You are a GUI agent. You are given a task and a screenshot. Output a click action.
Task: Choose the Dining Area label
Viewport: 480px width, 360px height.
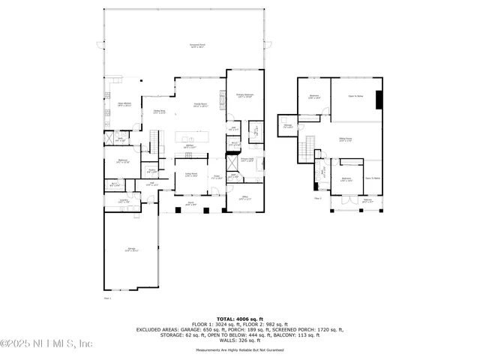point(159,112)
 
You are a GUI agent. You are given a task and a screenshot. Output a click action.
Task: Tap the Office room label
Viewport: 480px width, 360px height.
point(244,198)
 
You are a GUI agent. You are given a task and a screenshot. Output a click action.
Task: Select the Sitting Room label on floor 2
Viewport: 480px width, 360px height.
point(346,139)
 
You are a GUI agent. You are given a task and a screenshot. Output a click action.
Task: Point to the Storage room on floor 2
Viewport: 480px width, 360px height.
point(287,126)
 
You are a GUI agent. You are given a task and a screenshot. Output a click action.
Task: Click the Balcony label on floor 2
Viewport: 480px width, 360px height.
point(367,200)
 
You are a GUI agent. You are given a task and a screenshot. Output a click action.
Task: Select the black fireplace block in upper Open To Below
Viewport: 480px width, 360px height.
point(379,100)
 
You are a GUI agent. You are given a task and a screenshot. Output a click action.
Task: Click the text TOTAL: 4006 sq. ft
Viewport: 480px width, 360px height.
point(239,319)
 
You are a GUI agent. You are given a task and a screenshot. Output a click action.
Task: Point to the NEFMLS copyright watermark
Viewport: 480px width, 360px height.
point(46,343)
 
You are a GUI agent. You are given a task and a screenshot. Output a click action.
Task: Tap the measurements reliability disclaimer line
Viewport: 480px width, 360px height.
point(239,349)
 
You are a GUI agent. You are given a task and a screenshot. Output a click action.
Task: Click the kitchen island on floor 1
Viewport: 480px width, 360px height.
point(191,139)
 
